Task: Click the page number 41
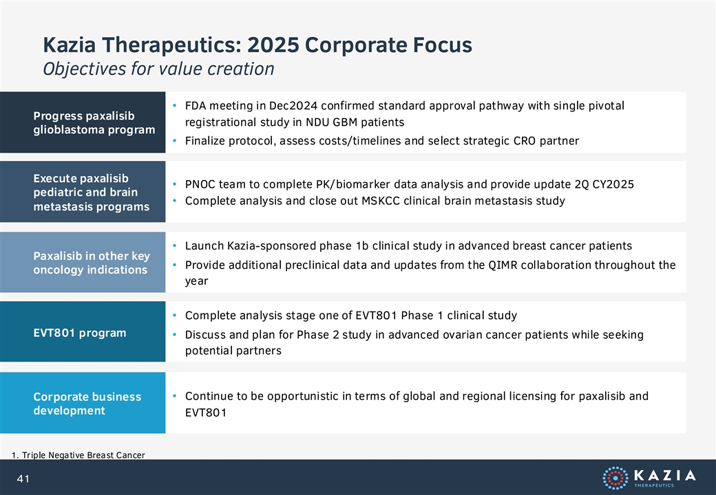(x=23, y=478)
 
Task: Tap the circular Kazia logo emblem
(x=615, y=478)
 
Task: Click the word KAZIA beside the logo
(x=665, y=475)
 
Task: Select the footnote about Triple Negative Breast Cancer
(x=78, y=455)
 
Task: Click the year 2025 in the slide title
(x=273, y=45)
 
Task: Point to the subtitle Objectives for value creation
(x=158, y=69)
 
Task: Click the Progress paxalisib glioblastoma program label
(x=94, y=122)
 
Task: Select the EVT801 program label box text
(x=79, y=333)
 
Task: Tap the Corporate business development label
(x=87, y=404)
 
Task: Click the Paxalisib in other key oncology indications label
(x=92, y=263)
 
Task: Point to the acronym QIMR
(x=503, y=265)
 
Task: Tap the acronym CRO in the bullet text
(x=524, y=141)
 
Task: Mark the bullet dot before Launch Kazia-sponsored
(x=174, y=245)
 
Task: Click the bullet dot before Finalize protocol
(x=174, y=141)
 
